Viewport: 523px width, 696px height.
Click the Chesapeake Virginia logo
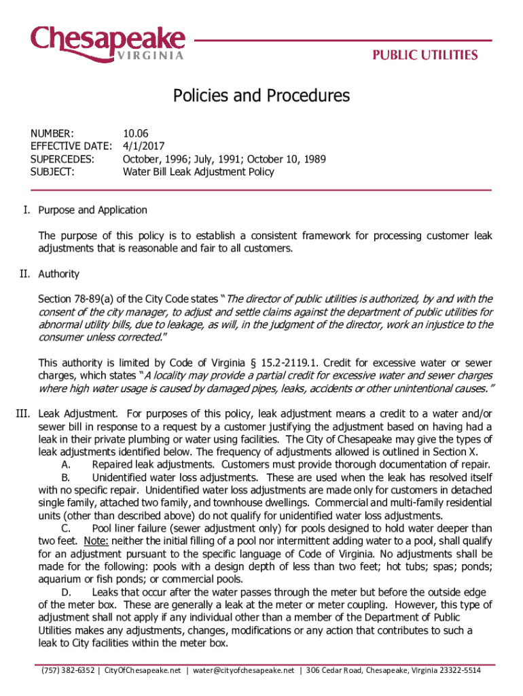point(107,42)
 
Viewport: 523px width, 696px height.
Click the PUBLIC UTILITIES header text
point(424,55)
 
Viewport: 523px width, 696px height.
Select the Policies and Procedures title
point(261,96)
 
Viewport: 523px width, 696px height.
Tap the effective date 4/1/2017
point(143,145)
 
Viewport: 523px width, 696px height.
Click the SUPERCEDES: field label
point(62,158)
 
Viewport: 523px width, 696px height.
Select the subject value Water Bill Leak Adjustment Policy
point(198,171)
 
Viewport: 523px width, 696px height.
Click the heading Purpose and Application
point(93,210)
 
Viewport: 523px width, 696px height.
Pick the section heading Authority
point(59,274)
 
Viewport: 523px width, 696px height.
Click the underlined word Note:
point(96,541)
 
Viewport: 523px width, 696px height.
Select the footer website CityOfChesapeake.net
point(143,670)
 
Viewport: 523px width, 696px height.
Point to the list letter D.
point(66,593)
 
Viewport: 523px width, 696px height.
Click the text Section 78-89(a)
point(77,299)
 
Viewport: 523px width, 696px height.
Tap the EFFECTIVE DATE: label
point(71,145)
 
